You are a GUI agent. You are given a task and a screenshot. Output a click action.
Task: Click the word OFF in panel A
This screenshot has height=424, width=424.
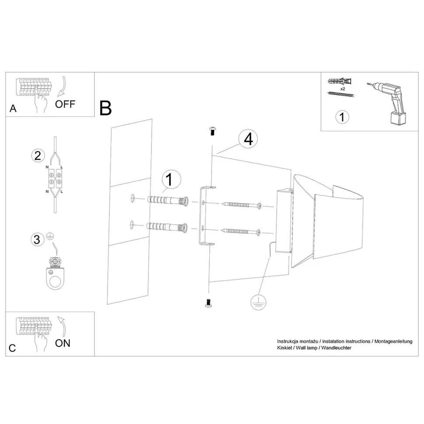pyautogui.click(x=65, y=104)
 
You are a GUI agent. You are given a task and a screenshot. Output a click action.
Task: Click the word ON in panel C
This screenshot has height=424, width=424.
pyautogui.click(x=63, y=343)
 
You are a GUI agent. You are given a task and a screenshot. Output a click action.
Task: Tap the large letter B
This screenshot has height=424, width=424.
pyautogui.click(x=105, y=108)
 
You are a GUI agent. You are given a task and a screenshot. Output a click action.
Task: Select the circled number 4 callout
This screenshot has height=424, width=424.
pyautogui.click(x=248, y=139)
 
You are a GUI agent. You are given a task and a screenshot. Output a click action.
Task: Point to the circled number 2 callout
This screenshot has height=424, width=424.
pyautogui.click(x=38, y=156)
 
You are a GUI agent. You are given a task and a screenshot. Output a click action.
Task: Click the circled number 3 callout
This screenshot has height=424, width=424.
pyautogui.click(x=37, y=240)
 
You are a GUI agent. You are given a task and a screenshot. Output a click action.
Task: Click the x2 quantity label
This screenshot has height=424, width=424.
pyautogui.click(x=343, y=89)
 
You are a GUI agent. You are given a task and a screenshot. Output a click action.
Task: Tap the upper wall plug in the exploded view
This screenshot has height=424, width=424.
pyautogui.click(x=168, y=201)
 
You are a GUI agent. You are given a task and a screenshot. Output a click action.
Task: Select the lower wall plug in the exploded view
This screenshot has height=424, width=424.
pyautogui.click(x=167, y=226)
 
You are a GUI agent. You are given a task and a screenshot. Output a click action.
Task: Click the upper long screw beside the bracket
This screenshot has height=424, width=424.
pyautogui.click(x=242, y=205)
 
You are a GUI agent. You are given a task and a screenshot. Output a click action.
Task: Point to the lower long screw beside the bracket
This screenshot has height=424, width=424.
pyautogui.click(x=241, y=231)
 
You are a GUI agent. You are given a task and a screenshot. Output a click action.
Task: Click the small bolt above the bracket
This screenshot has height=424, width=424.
pyautogui.click(x=212, y=131)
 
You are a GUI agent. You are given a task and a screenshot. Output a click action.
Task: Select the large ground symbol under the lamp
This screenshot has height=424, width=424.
pyautogui.click(x=258, y=302)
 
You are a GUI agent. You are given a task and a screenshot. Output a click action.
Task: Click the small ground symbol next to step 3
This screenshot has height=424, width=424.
pyautogui.click(x=49, y=236)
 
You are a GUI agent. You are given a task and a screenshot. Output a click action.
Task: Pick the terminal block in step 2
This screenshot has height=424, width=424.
pyautogui.click(x=55, y=178)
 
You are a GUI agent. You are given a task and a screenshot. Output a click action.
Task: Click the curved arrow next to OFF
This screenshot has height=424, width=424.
pyautogui.click(x=63, y=86)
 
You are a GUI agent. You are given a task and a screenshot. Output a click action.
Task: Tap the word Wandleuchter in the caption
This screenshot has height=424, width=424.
pyautogui.click(x=336, y=348)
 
